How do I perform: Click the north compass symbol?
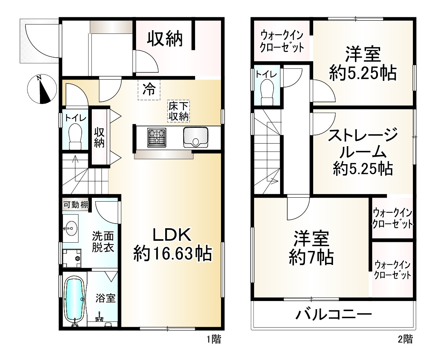[42, 89]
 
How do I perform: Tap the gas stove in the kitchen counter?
[157, 138]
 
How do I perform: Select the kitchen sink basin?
[195, 137]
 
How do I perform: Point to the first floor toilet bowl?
[75, 136]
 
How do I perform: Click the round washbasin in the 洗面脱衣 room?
[70, 228]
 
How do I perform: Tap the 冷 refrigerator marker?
[149, 89]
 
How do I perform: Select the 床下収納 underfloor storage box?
[179, 111]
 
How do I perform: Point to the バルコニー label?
[333, 314]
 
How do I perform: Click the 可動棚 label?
[76, 205]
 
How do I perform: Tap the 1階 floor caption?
[214, 339]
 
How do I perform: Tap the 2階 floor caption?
[405, 339]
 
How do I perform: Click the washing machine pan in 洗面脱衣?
[72, 258]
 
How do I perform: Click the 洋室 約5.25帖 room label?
[363, 64]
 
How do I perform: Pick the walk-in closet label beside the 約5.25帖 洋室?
[282, 41]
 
